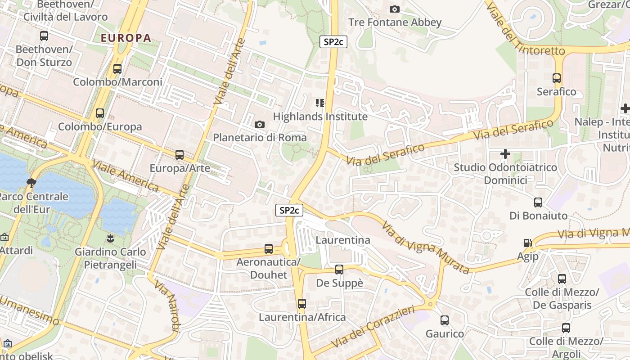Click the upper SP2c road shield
click(333, 42)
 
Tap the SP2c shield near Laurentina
click(289, 210)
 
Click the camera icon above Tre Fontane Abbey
click(394, 9)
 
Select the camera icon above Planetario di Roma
click(260, 124)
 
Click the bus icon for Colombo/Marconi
click(117, 69)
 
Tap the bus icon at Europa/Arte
click(180, 155)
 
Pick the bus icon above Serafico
click(557, 78)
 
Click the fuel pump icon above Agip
click(527, 243)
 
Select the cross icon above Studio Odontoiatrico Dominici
click(505, 154)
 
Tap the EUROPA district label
click(126, 38)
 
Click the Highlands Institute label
click(320, 117)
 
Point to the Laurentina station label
click(343, 240)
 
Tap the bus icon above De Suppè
click(339, 270)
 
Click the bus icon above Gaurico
click(445, 320)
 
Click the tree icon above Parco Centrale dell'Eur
click(31, 183)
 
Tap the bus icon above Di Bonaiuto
click(538, 202)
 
